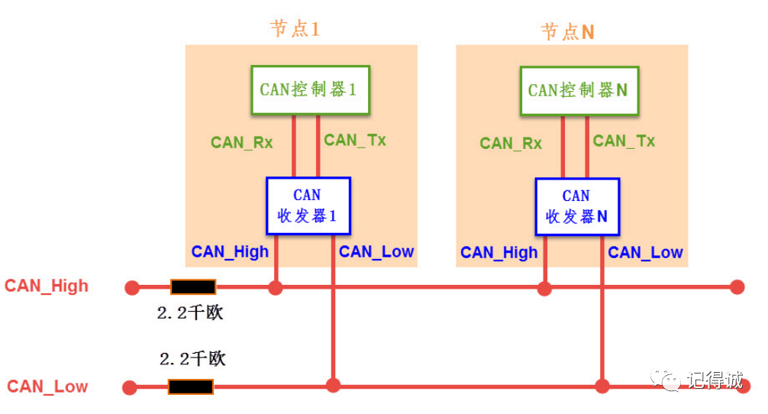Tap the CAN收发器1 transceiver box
[x=308, y=205]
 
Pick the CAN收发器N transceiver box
[x=576, y=206]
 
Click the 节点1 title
[x=295, y=29]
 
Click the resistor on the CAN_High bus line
[x=193, y=287]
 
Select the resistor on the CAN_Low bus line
[x=190, y=387]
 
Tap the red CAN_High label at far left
[x=47, y=286]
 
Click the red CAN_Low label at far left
[x=47, y=387]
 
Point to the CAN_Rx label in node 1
[x=241, y=142]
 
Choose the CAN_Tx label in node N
[x=624, y=141]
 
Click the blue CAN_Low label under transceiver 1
[x=376, y=252]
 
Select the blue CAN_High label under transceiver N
[x=499, y=253]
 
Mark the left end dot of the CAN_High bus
[x=131, y=287]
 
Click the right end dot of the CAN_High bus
[x=737, y=287]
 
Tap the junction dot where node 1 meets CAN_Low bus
[x=333, y=386]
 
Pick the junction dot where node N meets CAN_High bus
[x=544, y=288]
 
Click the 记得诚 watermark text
[x=714, y=380]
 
